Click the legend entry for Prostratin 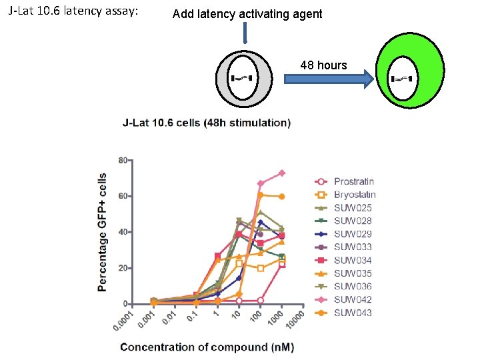[353, 181]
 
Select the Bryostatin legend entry [355, 195]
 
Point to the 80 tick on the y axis [123, 161]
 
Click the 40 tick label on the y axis [123, 232]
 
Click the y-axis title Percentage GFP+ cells [102, 232]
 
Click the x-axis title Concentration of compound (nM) [207, 347]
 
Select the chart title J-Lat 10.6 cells [207, 123]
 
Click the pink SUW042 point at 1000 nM [282, 173]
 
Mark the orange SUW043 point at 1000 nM [282, 197]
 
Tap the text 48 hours [323, 65]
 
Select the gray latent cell [244, 79]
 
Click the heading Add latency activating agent [247, 14]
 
